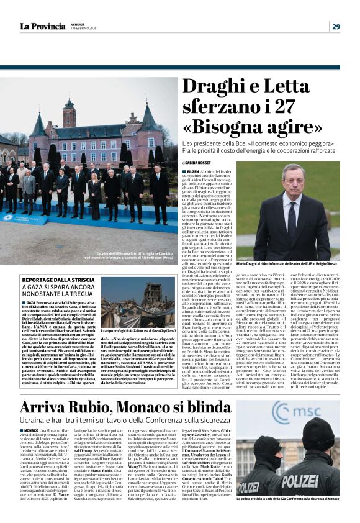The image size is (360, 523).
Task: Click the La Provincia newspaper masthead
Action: pyautogui.click(x=42, y=26)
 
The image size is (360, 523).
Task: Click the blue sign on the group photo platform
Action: pyautogui.click(x=19, y=219)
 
